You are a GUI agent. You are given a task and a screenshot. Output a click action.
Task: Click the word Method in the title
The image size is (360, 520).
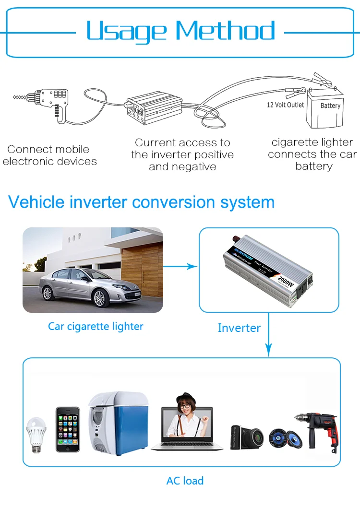pyautogui.click(x=225, y=30)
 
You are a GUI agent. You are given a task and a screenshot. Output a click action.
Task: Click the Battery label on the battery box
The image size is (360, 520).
pyautogui.click(x=330, y=106)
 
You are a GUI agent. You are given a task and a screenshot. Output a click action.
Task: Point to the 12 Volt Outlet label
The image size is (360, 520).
pyautogui.click(x=286, y=105)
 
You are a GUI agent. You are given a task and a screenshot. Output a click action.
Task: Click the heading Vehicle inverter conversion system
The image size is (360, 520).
pyautogui.click(x=142, y=202)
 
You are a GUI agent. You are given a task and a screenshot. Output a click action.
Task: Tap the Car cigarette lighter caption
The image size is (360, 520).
pyautogui.click(x=96, y=327)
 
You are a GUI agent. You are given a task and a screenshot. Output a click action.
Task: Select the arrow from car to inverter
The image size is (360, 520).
pyautogui.click(x=180, y=266)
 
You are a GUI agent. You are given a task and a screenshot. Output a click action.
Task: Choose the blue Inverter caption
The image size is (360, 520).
pyautogui.click(x=239, y=328)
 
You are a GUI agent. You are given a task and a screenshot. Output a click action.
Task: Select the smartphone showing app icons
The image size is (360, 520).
pyautogui.click(x=67, y=429)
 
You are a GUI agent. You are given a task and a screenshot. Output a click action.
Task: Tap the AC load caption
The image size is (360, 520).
pyautogui.click(x=185, y=481)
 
